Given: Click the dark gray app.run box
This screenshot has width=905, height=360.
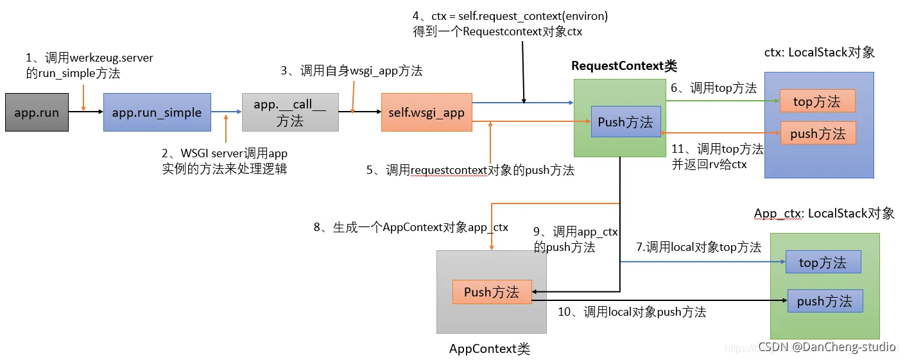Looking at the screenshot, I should [37, 113].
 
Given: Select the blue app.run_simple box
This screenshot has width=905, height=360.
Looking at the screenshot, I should [157, 113].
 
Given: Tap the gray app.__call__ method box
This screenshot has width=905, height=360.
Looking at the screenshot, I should [290, 112].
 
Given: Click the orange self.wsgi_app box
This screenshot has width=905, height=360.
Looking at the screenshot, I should [426, 113].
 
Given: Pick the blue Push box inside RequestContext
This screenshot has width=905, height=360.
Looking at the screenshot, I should [625, 122].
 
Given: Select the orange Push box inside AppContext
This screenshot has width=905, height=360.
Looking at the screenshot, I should [492, 292].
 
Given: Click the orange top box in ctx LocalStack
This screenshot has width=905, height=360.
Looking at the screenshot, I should [817, 101].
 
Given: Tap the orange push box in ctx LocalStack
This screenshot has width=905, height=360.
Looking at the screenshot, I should [818, 133].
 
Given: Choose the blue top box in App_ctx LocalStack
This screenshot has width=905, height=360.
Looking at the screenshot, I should [823, 262].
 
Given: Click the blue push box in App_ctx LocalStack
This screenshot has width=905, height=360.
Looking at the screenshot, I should [825, 301].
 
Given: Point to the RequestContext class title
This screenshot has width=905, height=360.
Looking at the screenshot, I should [624, 66].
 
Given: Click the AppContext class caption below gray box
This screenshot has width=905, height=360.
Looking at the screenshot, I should [490, 349].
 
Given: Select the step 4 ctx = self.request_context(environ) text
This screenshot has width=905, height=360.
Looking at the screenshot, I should [510, 17].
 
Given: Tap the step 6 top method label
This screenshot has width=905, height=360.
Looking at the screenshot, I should [714, 89].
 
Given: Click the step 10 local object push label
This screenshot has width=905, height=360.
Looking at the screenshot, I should [632, 313].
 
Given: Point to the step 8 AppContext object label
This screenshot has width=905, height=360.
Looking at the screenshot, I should [411, 227].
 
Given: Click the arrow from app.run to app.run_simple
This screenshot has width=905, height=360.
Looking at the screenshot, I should [85, 112].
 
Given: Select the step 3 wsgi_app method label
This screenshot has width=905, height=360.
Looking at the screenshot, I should [352, 71].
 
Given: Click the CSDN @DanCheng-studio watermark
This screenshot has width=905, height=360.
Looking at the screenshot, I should [827, 347].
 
